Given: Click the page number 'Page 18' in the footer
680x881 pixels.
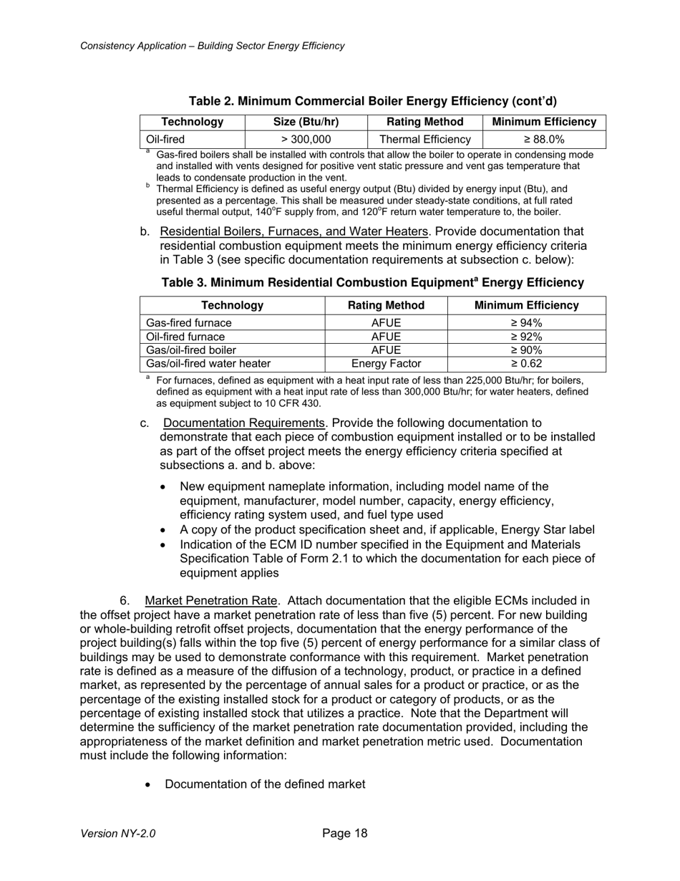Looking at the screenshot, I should [x=345, y=833].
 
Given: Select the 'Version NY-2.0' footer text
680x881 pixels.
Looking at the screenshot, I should [x=118, y=834].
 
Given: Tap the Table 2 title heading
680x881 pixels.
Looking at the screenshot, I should [x=372, y=101].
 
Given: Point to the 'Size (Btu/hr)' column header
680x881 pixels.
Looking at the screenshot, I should [x=306, y=122].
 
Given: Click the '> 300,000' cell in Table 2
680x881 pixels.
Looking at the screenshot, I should [x=306, y=140].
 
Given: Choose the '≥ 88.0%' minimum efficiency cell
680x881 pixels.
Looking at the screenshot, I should [x=545, y=140].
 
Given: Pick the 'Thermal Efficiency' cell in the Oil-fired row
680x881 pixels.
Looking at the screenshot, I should [x=425, y=140].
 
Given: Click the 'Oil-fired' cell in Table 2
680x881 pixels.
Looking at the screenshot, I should [x=165, y=140].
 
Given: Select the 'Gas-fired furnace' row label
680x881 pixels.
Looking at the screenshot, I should [x=189, y=323].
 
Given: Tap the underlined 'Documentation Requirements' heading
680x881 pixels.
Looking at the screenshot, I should [x=244, y=423].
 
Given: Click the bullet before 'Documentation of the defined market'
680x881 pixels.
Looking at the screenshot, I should [x=148, y=785].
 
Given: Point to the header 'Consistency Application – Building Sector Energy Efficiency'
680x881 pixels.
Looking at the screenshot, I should [x=213, y=46].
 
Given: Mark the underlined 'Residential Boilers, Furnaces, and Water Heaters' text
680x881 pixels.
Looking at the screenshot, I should [x=294, y=231].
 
